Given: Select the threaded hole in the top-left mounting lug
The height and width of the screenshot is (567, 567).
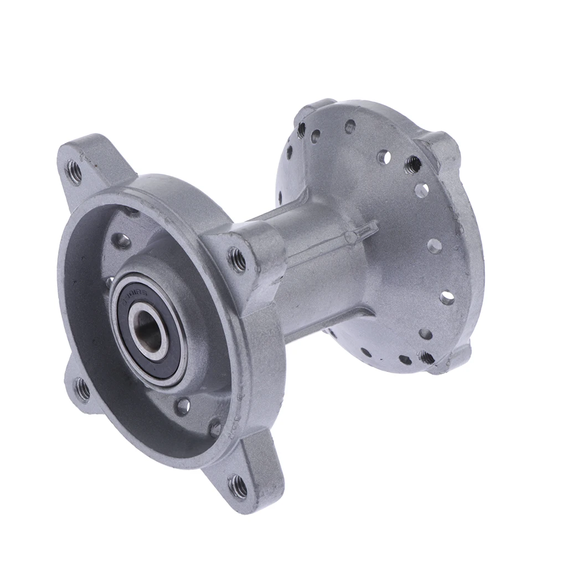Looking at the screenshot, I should [74, 172].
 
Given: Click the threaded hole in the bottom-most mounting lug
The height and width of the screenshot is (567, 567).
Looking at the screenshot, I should [239, 486].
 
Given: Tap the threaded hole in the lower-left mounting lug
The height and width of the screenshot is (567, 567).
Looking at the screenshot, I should [82, 389].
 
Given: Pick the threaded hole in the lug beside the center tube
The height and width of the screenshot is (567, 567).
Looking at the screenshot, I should [238, 259].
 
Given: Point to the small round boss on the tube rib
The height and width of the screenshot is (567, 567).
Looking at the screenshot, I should [350, 238].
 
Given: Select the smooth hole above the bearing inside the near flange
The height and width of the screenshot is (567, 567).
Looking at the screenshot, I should [121, 240].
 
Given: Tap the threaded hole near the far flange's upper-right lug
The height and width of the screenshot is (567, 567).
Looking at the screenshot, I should [412, 164].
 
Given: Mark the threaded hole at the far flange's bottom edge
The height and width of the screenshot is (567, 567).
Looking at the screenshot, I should [426, 357].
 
